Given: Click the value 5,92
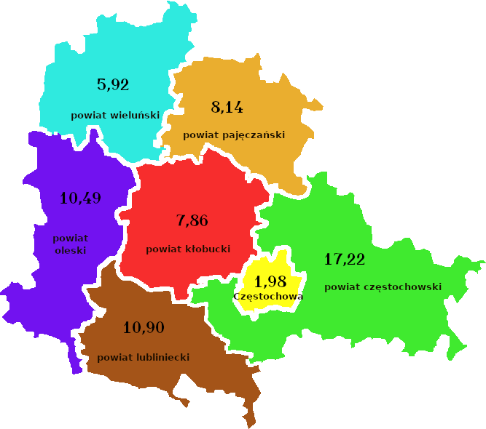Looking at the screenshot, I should coord(113,84).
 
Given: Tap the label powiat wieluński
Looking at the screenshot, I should coord(115,115).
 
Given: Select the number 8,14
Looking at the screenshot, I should coord(227,108).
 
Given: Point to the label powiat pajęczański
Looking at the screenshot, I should coord(234,135).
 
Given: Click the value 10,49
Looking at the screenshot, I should coord(80,198).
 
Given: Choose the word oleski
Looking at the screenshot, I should coord(71,250).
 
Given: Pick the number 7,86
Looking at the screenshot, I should coord(192,220).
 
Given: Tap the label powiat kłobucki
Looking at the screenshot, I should coord(188,249).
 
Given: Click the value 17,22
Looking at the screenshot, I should coord(345,259).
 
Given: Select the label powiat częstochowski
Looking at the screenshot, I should coord(383,286).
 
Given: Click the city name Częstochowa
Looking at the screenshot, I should coord(268,296).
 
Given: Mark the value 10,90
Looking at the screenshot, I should coord(144,327).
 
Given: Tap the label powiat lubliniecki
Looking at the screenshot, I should coord(144,357).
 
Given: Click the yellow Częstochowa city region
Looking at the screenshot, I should coord(276,265).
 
